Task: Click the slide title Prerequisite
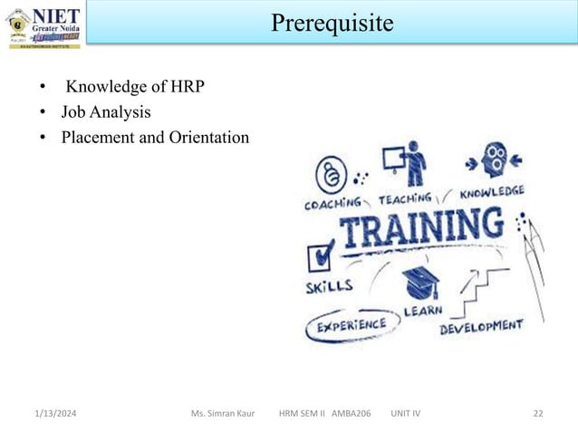(332, 22)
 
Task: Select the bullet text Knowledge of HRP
(135, 88)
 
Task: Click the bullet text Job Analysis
(106, 113)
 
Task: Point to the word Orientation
(207, 139)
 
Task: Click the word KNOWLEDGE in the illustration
(493, 193)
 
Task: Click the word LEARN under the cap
(423, 311)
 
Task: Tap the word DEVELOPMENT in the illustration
(482, 325)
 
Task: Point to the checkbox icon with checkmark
(322, 256)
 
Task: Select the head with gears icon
(493, 160)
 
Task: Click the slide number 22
(538, 413)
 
